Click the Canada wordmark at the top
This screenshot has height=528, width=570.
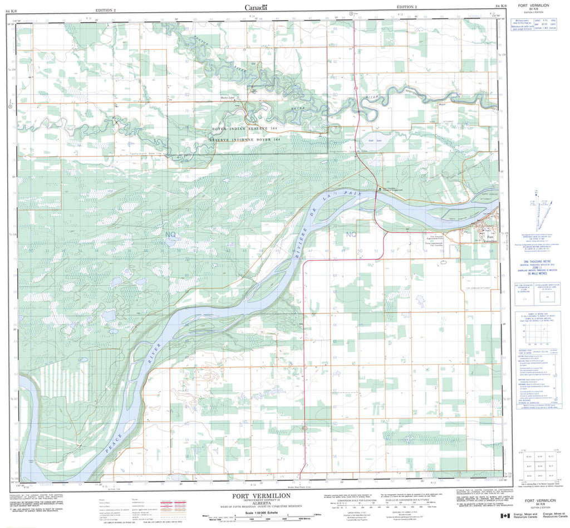point(256,7)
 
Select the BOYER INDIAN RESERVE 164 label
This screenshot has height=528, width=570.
point(243,129)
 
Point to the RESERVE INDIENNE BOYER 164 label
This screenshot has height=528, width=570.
point(243,138)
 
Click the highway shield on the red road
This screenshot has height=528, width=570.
point(355,87)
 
